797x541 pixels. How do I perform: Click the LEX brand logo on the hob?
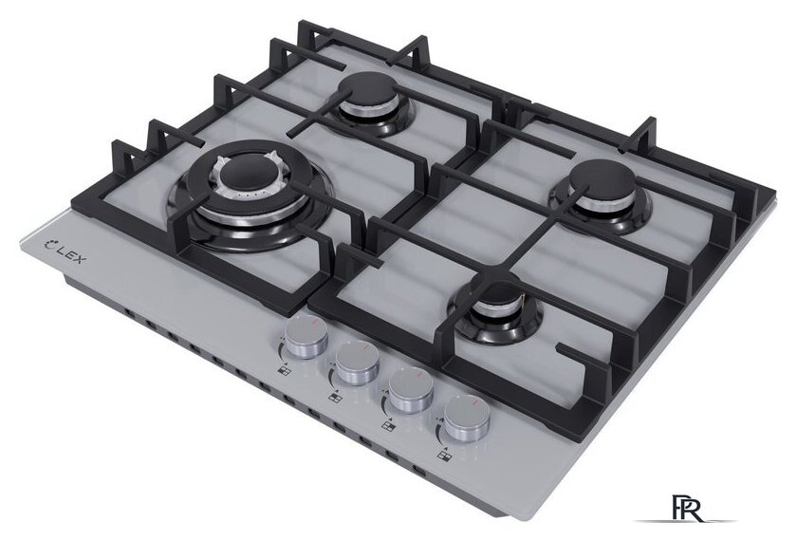click(x=66, y=251)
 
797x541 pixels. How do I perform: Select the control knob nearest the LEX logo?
click(x=306, y=336)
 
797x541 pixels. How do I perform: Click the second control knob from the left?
click(x=358, y=363)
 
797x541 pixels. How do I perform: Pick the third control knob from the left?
click(x=411, y=390)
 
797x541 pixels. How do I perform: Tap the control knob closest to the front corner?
click(x=467, y=419)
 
